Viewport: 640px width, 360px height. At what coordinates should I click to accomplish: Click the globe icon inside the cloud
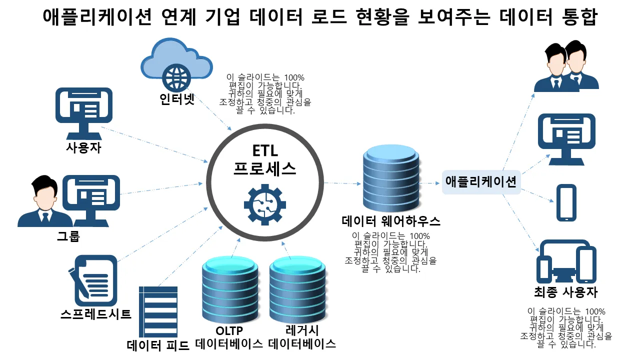(x=176, y=75)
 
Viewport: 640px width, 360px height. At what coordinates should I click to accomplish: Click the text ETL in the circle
(x=264, y=150)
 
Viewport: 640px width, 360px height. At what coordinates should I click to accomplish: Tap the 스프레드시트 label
(x=95, y=314)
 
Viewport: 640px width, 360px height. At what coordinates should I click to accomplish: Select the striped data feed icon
(x=158, y=312)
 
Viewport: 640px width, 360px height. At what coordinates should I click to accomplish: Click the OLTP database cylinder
(x=228, y=289)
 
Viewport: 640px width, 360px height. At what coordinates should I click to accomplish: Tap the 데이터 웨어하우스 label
(x=391, y=221)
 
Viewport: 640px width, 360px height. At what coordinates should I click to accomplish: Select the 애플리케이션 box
(x=480, y=181)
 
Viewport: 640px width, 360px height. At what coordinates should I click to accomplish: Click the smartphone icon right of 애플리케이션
(x=566, y=202)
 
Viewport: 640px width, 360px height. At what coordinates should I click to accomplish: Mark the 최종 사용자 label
(x=565, y=292)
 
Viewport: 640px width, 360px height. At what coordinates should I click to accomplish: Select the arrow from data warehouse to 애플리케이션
(x=430, y=183)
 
